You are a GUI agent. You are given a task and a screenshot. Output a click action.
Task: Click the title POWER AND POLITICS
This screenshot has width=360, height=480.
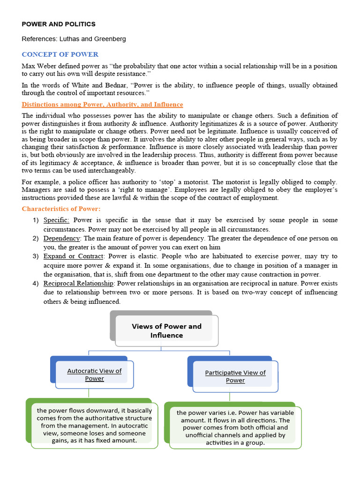(59, 24)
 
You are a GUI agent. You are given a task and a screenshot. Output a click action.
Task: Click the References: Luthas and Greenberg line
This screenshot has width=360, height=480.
(74, 39)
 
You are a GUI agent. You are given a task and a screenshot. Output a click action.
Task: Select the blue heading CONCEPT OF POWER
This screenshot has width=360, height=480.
(60, 54)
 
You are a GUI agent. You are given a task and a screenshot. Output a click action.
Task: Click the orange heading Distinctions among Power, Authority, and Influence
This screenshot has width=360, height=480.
(102, 104)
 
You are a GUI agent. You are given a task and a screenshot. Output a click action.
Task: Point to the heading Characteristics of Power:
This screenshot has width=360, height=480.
(61, 209)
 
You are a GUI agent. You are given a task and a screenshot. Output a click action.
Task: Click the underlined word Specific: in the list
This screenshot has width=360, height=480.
(56, 220)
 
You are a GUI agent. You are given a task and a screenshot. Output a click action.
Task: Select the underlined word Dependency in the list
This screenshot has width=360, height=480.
(61, 238)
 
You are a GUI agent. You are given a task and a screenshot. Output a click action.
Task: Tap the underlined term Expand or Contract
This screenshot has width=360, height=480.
(73, 256)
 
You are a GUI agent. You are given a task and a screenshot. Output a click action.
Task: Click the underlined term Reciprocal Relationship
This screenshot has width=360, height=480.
(78, 283)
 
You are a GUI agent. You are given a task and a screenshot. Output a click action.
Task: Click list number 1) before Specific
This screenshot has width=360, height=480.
(36, 220)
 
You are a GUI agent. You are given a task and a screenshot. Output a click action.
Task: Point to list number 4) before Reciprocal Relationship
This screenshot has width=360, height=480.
(36, 283)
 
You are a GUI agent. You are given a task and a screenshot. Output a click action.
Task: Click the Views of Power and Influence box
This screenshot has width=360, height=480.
(166, 330)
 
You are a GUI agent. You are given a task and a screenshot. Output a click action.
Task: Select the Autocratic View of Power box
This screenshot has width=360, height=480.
(94, 374)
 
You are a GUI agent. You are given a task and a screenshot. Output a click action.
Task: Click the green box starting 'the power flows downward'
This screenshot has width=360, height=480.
(94, 425)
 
